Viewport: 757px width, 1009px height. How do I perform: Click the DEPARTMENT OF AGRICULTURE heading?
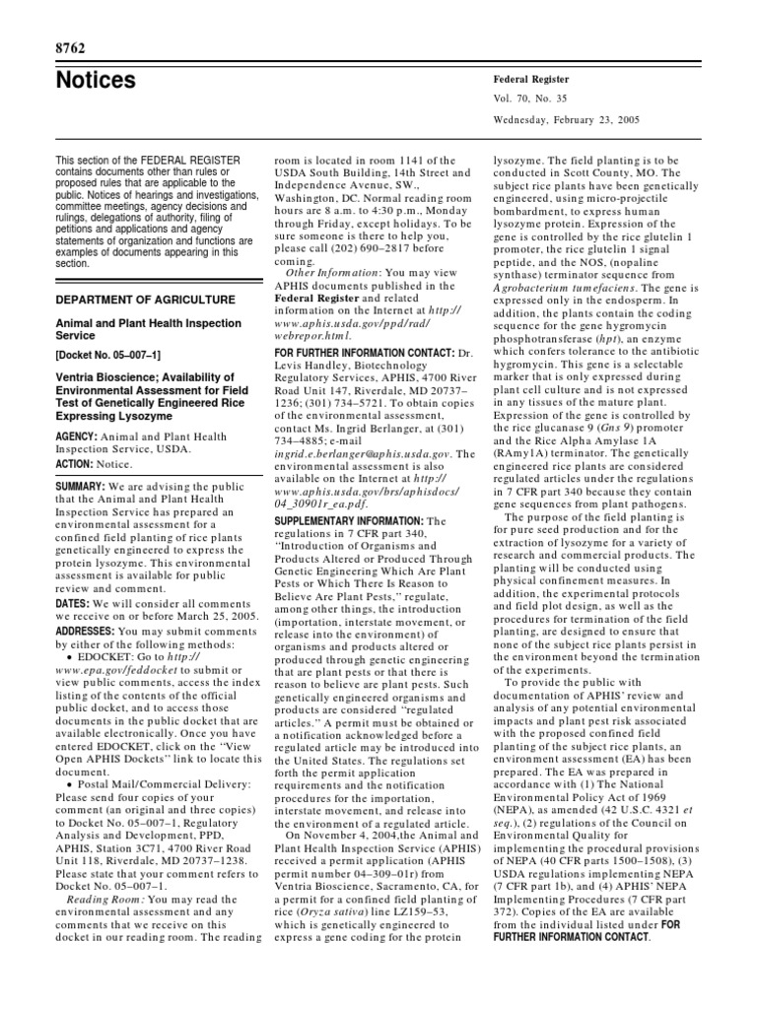146,300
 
